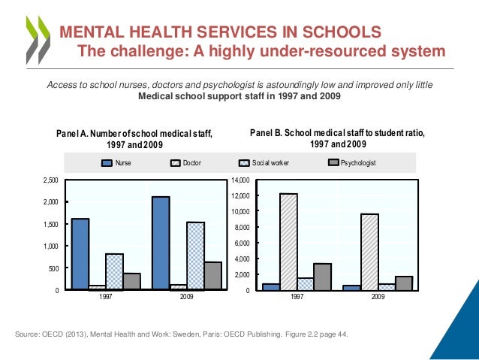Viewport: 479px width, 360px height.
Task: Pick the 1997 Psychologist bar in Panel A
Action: (131, 281)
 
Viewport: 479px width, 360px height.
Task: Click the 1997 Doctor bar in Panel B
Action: (288, 241)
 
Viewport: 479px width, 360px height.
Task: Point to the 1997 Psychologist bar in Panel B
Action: (322, 277)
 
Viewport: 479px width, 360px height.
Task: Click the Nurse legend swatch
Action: (107, 162)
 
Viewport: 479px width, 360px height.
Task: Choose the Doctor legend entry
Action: (191, 162)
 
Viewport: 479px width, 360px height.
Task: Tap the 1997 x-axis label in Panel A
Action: (105, 298)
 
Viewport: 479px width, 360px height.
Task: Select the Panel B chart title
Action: (337, 138)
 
